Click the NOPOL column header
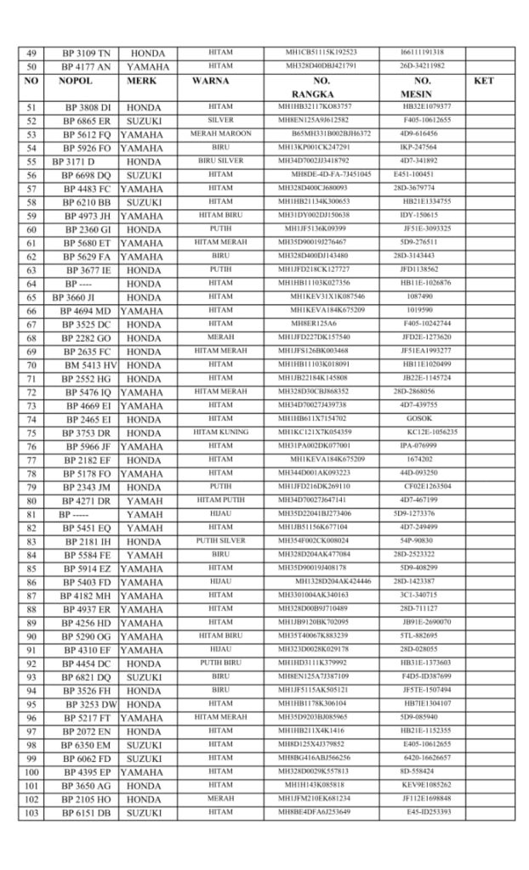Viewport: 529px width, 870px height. [x=75, y=81]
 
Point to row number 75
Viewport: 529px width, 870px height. [x=31, y=432]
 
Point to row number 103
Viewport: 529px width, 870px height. [x=31, y=812]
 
